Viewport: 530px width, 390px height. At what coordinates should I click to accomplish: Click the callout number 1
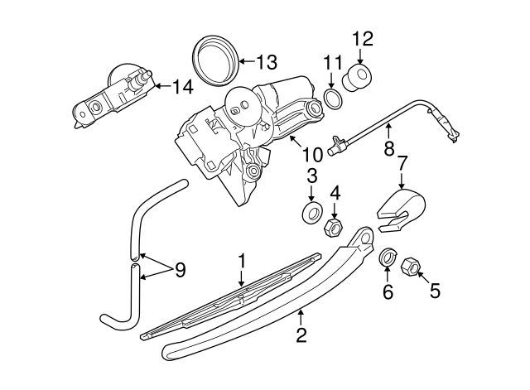pos(242,262)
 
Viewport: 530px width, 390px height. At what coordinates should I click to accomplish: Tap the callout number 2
pos(301,335)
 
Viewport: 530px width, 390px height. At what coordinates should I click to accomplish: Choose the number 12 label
pos(363,38)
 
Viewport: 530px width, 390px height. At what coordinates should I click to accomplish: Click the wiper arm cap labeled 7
pos(401,208)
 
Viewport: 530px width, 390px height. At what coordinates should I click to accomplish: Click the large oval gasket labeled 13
pos(214,60)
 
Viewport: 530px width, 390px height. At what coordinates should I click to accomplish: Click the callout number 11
pos(333,62)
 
